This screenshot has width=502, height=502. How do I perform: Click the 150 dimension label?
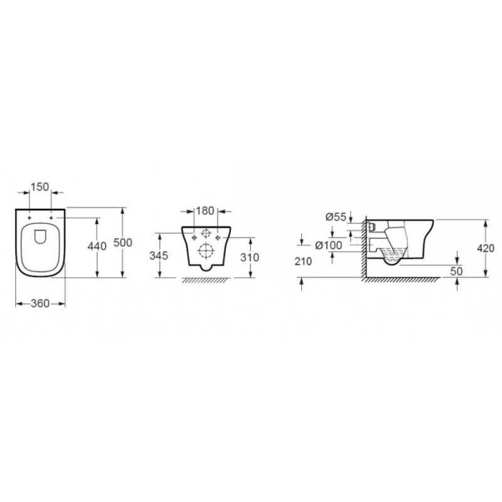pyautogui.click(x=40, y=186)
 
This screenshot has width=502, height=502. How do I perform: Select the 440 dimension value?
pyautogui.click(x=97, y=246)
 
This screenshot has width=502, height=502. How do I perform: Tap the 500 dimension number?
pyautogui.click(x=123, y=243)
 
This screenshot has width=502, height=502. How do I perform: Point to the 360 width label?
pyautogui.click(x=40, y=304)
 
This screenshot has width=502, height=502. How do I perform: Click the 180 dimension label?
pyautogui.click(x=205, y=211)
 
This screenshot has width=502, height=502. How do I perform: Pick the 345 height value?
pyautogui.click(x=159, y=255)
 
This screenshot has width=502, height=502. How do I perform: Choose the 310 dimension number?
pyautogui.click(x=250, y=257)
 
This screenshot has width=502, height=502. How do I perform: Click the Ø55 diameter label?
pyautogui.click(x=336, y=217)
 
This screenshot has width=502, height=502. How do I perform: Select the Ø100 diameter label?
pyautogui.click(x=329, y=245)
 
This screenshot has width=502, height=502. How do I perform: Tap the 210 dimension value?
pyautogui.click(x=303, y=262)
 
